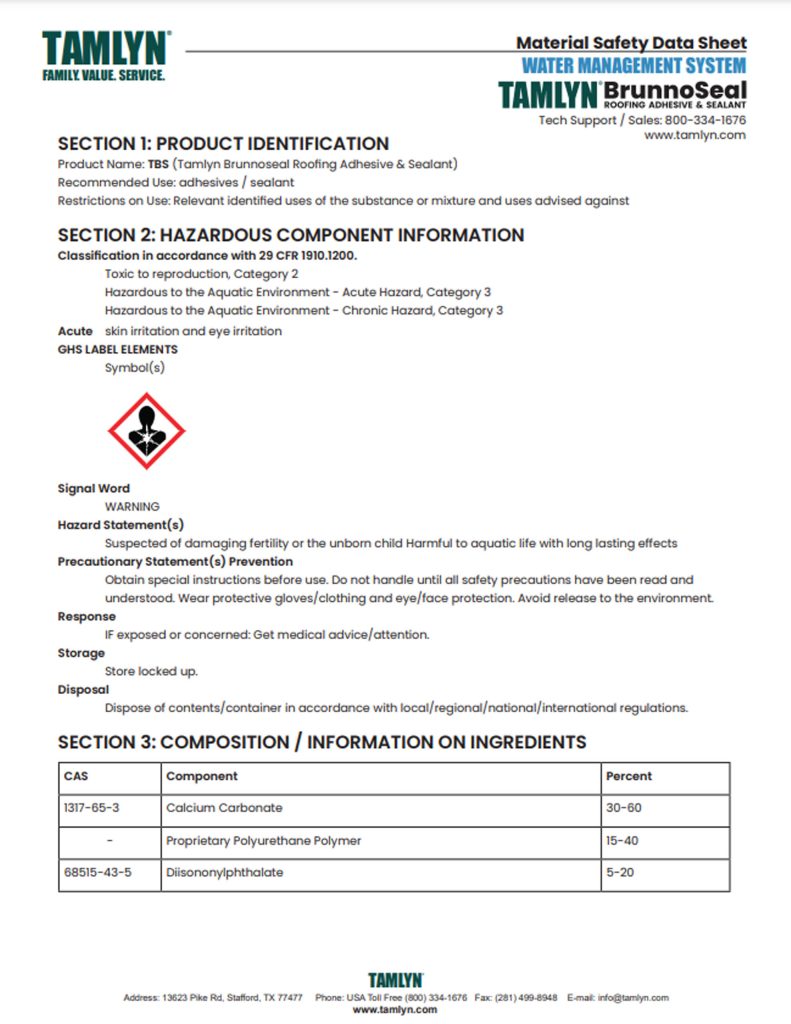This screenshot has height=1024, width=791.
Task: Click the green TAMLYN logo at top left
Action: click(105, 56)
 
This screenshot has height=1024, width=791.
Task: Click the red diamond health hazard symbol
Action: click(146, 431)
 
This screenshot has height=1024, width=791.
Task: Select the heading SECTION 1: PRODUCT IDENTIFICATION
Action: click(223, 144)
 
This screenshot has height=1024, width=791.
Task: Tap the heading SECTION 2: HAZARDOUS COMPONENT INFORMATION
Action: click(291, 236)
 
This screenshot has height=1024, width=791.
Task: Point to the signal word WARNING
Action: click(132, 507)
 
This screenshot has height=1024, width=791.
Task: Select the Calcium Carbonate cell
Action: click(224, 807)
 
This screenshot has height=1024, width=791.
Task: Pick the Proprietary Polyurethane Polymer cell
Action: click(264, 840)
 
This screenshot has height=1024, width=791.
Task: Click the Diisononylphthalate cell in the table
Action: click(225, 872)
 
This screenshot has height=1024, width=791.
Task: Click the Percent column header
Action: click(629, 776)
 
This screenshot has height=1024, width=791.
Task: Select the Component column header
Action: click(202, 776)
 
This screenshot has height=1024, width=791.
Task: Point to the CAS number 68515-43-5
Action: click(98, 872)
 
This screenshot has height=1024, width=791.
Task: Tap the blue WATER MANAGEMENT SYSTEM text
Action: click(634, 66)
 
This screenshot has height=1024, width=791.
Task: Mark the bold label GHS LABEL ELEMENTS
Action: click(118, 350)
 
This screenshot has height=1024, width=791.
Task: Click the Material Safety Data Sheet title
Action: click(631, 43)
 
